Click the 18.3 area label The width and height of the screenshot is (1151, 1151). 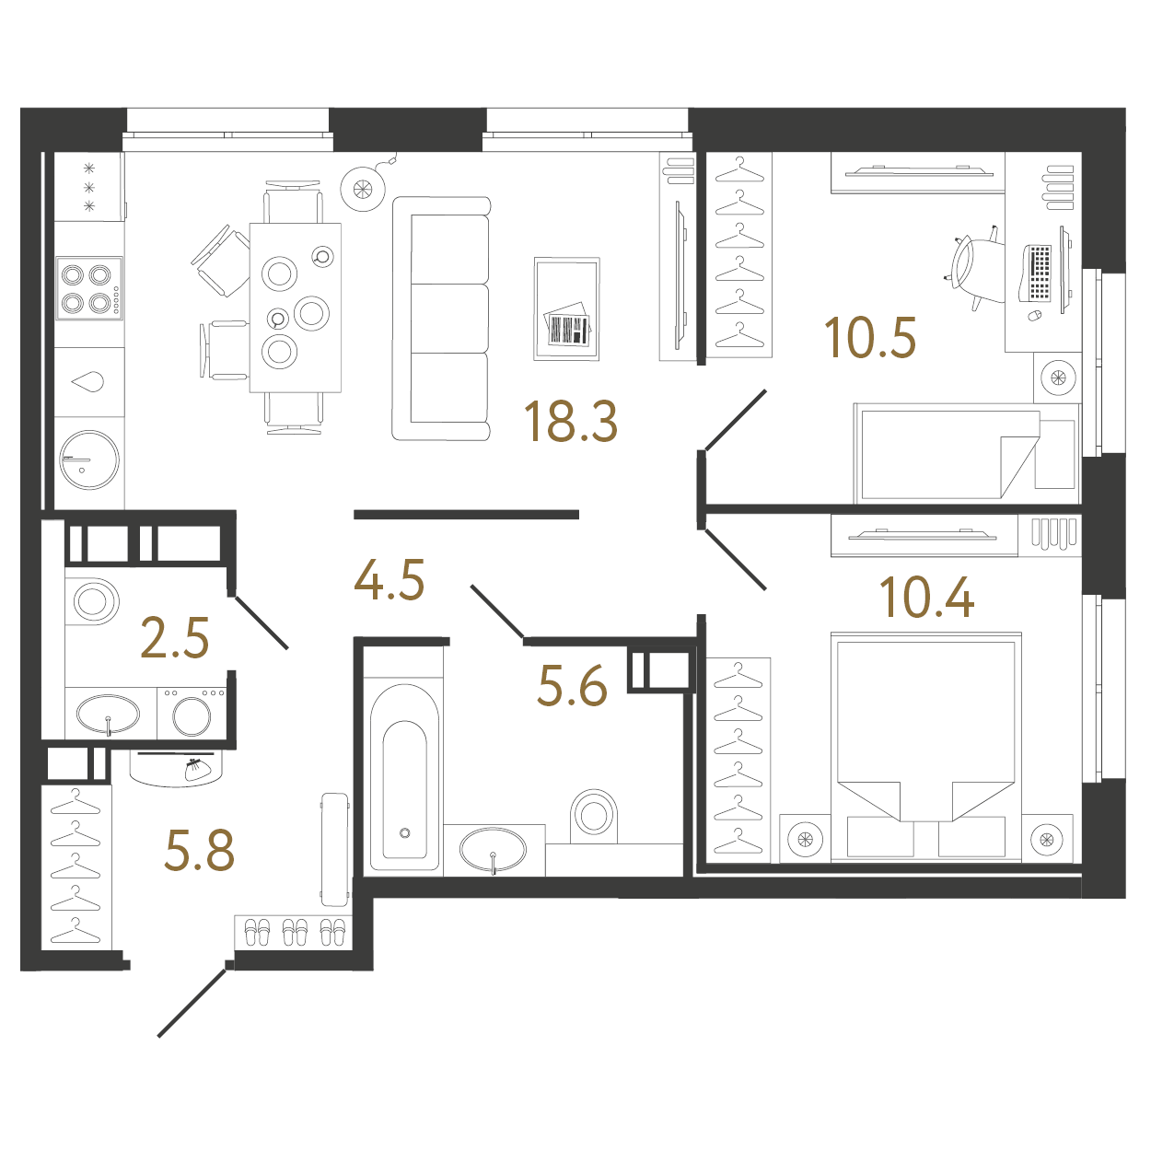570,422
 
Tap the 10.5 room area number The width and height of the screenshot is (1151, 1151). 869,338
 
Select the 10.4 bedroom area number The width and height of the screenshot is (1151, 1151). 926,598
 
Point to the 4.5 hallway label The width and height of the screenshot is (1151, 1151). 389,580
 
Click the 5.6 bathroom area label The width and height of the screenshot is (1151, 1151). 572,687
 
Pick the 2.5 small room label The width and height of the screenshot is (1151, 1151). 175,638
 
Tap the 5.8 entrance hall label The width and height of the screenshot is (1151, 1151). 199,851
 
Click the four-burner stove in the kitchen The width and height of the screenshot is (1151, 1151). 88,288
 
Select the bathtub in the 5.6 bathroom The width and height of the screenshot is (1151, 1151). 404,779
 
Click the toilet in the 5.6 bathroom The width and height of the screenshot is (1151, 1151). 594,816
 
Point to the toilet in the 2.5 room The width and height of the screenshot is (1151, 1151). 91,601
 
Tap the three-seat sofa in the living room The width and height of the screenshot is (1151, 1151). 441,319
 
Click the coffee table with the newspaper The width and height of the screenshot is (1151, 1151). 567,309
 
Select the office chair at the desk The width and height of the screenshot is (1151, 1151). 972,268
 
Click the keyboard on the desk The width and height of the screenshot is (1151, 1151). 1038,273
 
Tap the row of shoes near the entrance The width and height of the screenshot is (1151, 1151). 295,932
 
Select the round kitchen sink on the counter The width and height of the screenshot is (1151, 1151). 89,459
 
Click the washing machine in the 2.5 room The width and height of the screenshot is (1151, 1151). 192,714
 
